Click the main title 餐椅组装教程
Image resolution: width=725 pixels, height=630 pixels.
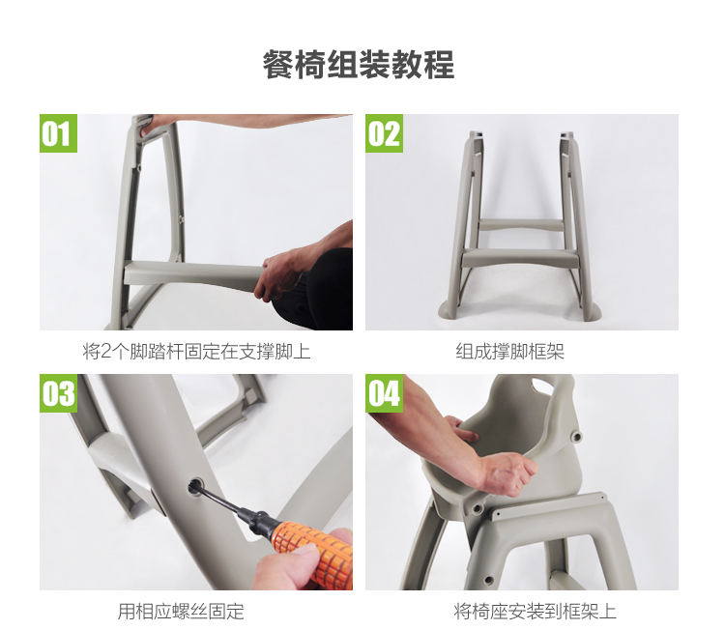click(359, 65)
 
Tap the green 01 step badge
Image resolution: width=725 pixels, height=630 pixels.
click(58, 133)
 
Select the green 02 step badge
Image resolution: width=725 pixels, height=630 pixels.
click(384, 133)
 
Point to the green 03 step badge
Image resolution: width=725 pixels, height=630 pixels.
click(58, 393)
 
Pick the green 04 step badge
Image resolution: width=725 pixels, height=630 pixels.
click(384, 393)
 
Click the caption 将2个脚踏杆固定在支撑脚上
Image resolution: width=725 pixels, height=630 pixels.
click(196, 352)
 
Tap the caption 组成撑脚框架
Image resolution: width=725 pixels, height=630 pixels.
click(509, 352)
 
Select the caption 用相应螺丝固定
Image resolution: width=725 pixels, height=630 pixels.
click(181, 611)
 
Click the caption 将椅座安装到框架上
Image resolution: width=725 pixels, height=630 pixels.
click(535, 611)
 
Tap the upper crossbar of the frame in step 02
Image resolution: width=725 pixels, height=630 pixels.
click(522, 225)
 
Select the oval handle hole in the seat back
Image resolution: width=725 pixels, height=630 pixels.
click(545, 385)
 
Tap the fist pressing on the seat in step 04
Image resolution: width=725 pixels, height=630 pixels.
click(508, 472)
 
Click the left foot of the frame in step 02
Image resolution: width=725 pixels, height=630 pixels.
click(449, 310)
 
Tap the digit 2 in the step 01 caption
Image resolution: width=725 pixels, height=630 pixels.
click(106, 353)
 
